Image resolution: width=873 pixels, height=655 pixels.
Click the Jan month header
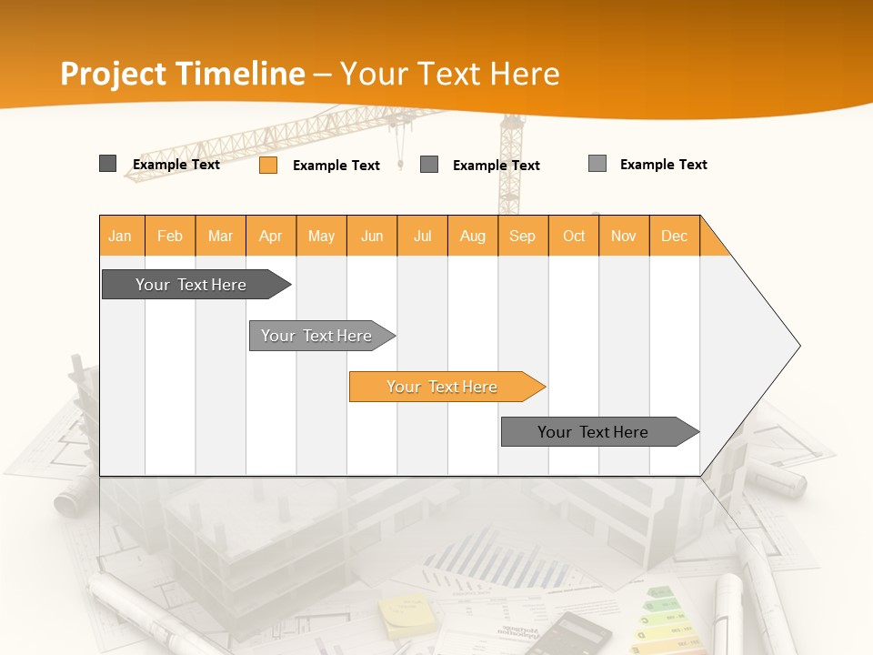pyautogui.click(x=120, y=236)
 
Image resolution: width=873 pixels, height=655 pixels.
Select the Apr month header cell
pyautogui.click(x=271, y=236)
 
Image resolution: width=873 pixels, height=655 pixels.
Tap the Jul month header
pyautogui.click(x=423, y=236)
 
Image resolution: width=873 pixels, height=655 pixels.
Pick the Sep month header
pyautogui.click(x=522, y=236)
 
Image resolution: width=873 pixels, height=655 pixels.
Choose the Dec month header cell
pyautogui.click(x=674, y=236)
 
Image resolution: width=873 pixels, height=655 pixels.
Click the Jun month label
pyautogui.click(x=372, y=236)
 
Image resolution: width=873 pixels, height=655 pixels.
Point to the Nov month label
pyautogui.click(x=624, y=236)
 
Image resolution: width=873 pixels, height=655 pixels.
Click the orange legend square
pyautogui.click(x=268, y=165)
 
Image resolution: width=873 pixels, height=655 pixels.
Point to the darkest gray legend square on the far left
pyautogui.click(x=107, y=164)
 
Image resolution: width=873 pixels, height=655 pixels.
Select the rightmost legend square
pyautogui.click(x=597, y=164)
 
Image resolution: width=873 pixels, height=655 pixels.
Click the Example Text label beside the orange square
pyautogui.click(x=336, y=166)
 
